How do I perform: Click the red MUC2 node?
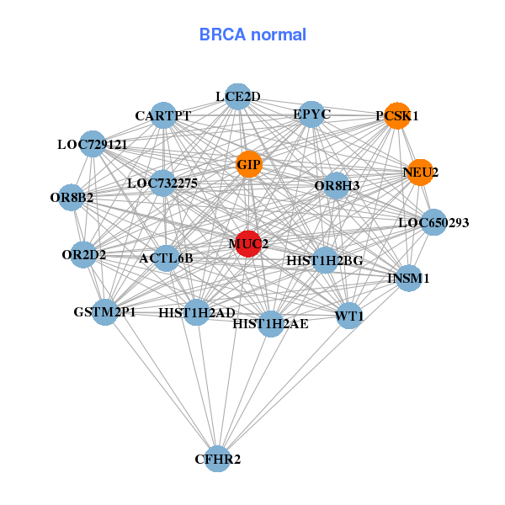[248, 244]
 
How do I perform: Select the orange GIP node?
[249, 164]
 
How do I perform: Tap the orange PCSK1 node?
[397, 115]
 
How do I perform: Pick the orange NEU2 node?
[420, 173]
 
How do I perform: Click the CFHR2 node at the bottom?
[218, 459]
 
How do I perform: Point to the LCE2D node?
[237, 97]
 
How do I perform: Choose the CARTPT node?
[163, 115]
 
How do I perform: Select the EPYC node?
[311, 114]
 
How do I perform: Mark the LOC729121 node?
[93, 144]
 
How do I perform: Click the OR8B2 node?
[72, 198]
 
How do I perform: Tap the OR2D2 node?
[83, 255]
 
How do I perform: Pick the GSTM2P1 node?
[105, 311]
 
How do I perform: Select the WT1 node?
[349, 316]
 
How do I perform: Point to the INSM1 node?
[409, 278]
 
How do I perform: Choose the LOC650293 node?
[433, 222]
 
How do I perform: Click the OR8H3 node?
[336, 185]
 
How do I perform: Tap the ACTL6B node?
[166, 258]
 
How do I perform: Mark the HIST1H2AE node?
[270, 324]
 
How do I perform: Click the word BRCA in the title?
[222, 35]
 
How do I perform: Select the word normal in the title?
[279, 35]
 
